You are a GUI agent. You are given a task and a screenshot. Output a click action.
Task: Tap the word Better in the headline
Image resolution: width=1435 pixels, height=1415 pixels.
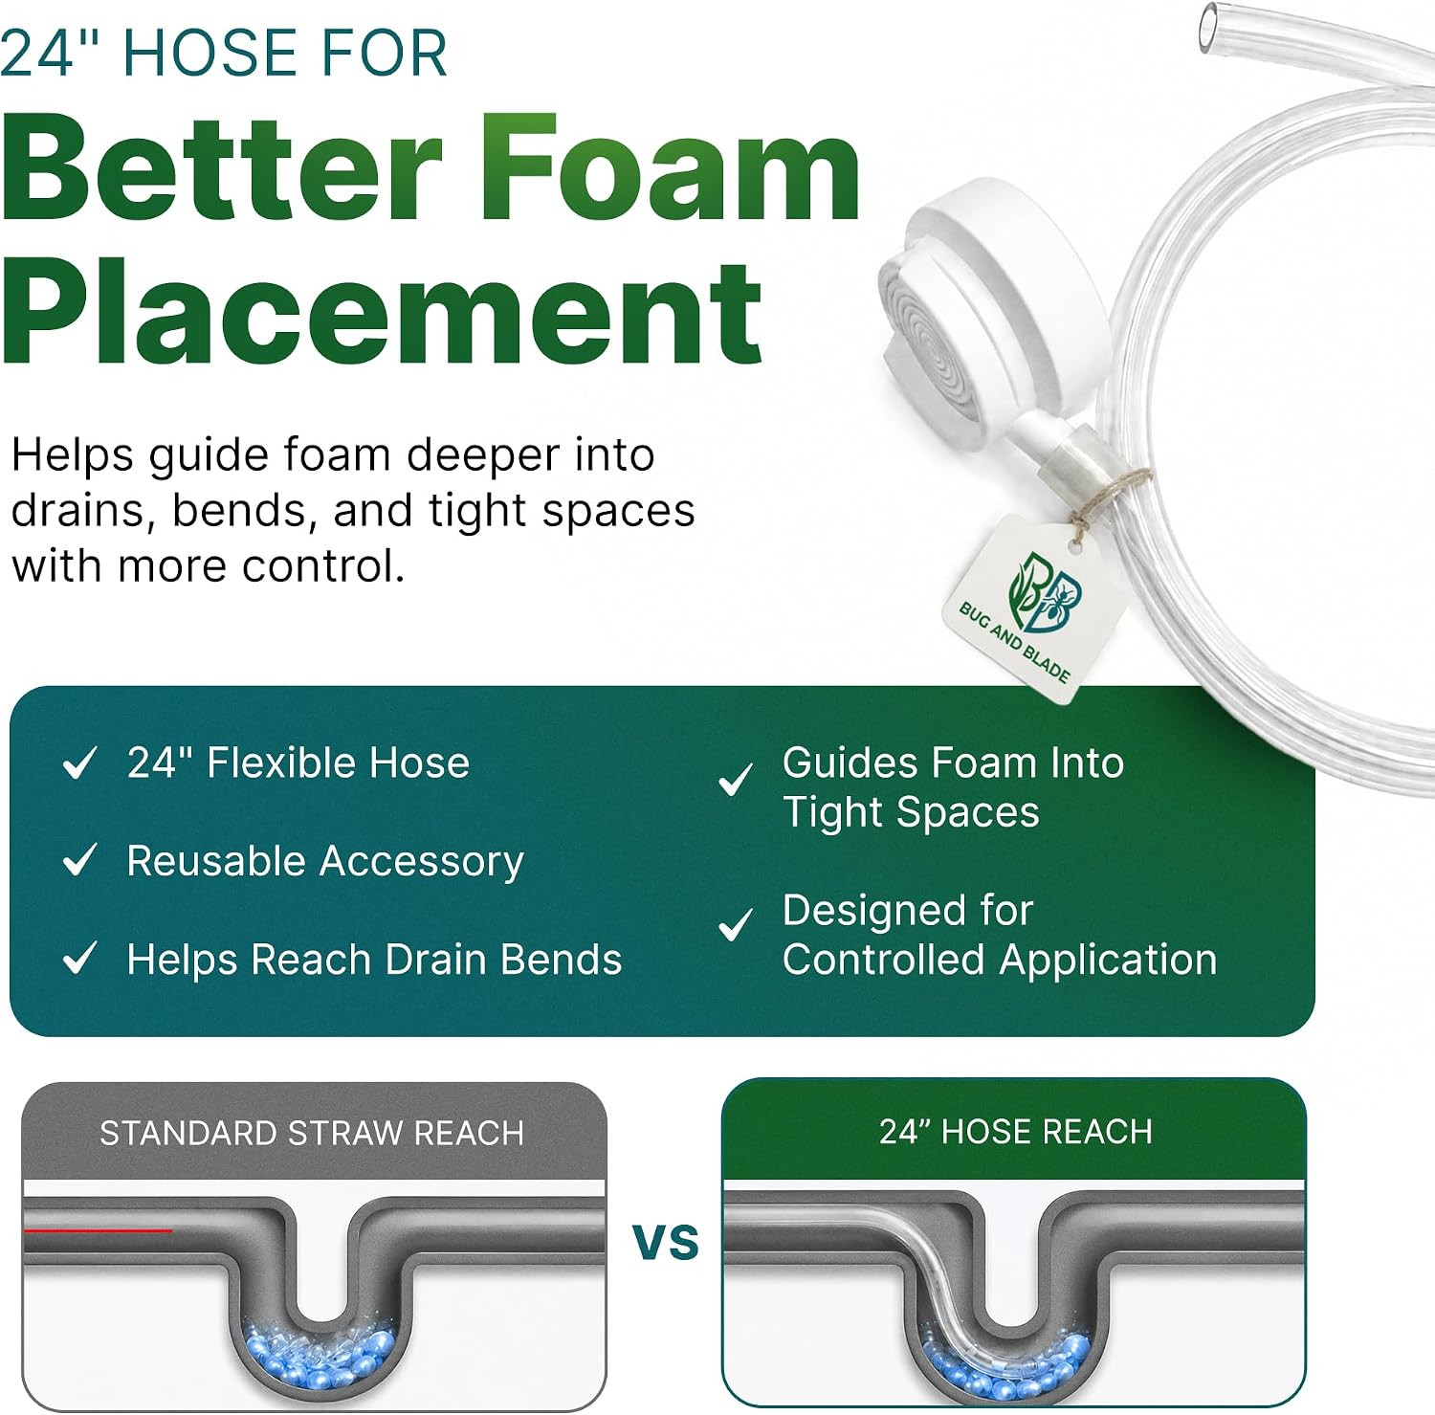222,167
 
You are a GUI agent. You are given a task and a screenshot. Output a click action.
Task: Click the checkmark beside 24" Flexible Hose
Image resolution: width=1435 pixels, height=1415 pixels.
79,763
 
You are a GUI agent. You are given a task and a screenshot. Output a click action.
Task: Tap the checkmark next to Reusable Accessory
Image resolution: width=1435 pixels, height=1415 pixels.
79,860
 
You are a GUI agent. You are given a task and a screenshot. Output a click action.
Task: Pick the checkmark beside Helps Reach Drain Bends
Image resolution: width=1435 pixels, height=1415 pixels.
79,958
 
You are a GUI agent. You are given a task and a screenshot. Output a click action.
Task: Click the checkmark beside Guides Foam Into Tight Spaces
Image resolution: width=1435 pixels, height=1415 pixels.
735,781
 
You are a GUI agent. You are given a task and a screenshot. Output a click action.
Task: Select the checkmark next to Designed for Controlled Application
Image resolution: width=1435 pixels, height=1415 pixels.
735,925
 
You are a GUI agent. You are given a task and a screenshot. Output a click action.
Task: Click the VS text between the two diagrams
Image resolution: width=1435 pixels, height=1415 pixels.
666,1242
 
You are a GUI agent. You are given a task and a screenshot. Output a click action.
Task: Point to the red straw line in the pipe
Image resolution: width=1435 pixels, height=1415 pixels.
98,1230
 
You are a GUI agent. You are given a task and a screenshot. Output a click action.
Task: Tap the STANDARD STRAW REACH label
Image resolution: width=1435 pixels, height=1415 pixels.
312,1134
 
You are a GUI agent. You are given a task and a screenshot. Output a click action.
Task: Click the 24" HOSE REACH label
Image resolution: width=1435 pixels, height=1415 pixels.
1016,1132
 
